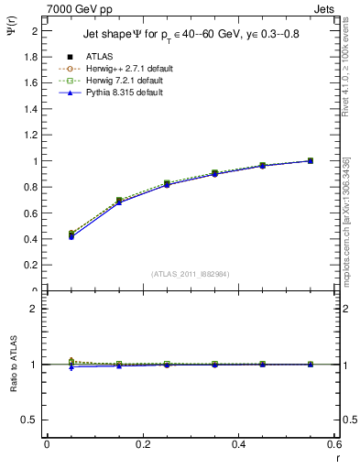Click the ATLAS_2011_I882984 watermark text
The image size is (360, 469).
(191, 274)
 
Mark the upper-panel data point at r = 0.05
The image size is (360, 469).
(71, 235)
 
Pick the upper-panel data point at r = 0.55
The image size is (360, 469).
(311, 161)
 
